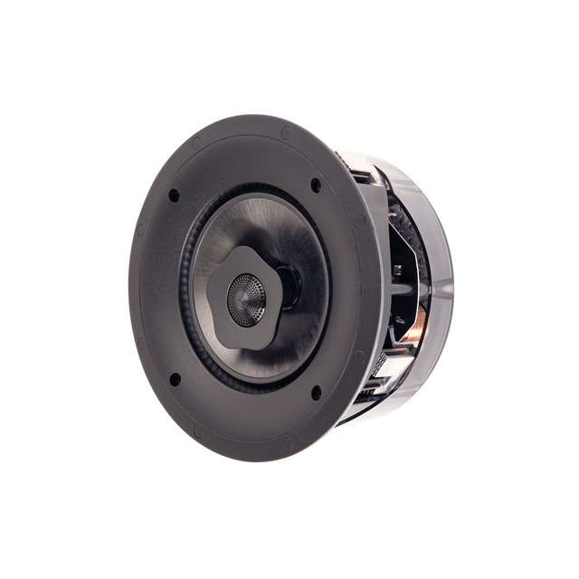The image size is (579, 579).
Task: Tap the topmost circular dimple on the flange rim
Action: (x=285, y=132)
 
